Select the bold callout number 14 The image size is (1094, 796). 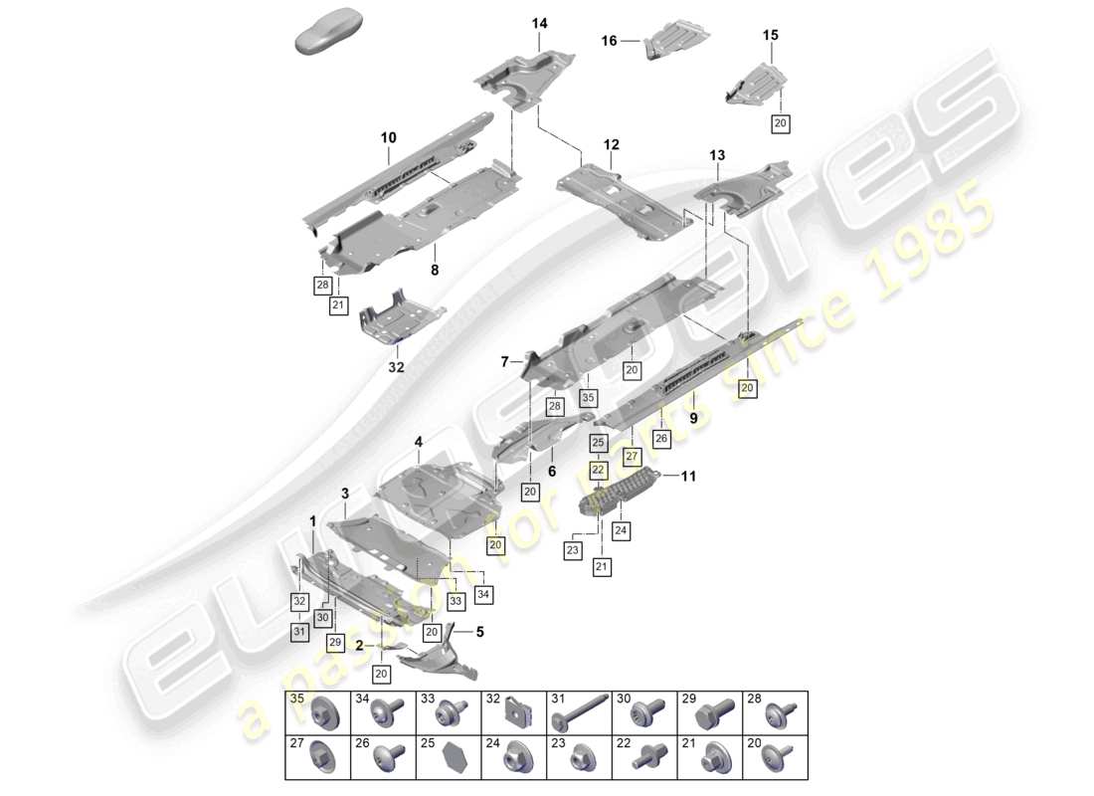[539, 23]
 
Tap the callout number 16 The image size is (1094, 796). [609, 41]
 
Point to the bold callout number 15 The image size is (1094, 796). [771, 35]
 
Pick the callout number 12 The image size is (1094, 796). [611, 145]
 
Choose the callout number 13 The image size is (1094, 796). [717, 155]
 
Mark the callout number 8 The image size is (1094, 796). [434, 269]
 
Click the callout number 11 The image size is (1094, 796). [687, 477]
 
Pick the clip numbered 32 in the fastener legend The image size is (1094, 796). [514, 713]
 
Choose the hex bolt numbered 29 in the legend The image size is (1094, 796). [710, 714]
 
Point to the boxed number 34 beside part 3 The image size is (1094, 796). [484, 595]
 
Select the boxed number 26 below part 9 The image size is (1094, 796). [660, 437]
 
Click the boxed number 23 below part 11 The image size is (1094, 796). [573, 549]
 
